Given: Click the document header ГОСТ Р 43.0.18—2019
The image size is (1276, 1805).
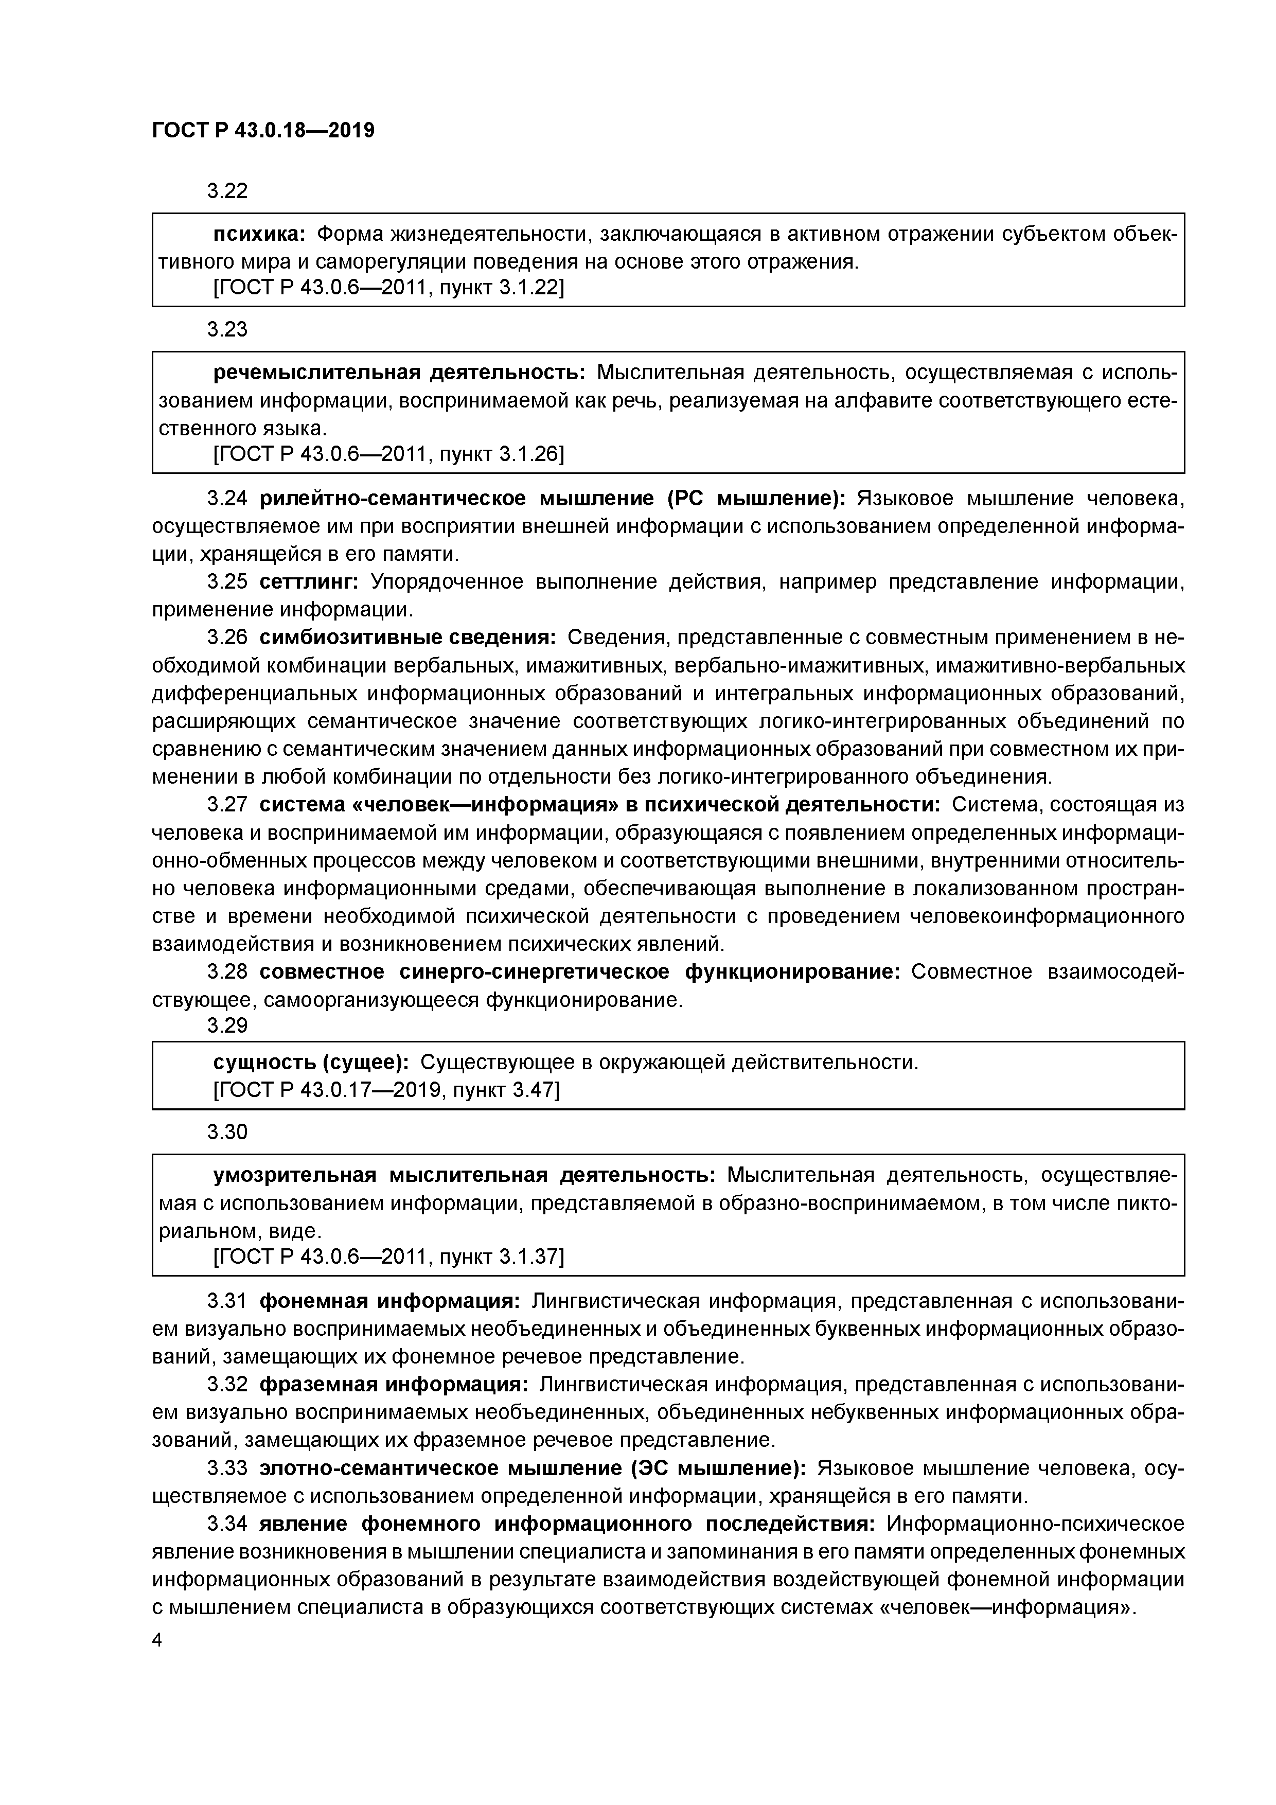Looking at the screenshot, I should [x=263, y=131].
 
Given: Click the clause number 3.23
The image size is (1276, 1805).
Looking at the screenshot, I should [x=227, y=329].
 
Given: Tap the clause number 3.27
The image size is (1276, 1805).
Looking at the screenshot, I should [x=227, y=805].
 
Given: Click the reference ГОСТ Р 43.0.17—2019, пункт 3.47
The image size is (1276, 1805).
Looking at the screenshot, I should [x=386, y=1090].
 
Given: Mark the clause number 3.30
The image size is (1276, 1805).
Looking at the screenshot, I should [x=227, y=1132].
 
